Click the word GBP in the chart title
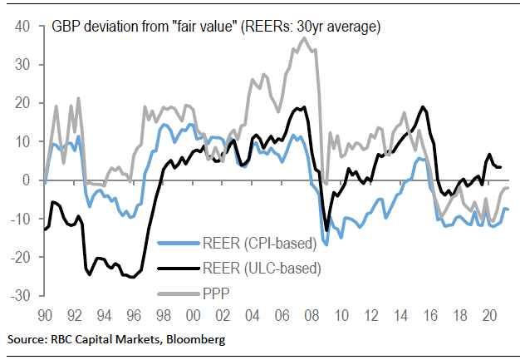[x=67, y=27]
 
